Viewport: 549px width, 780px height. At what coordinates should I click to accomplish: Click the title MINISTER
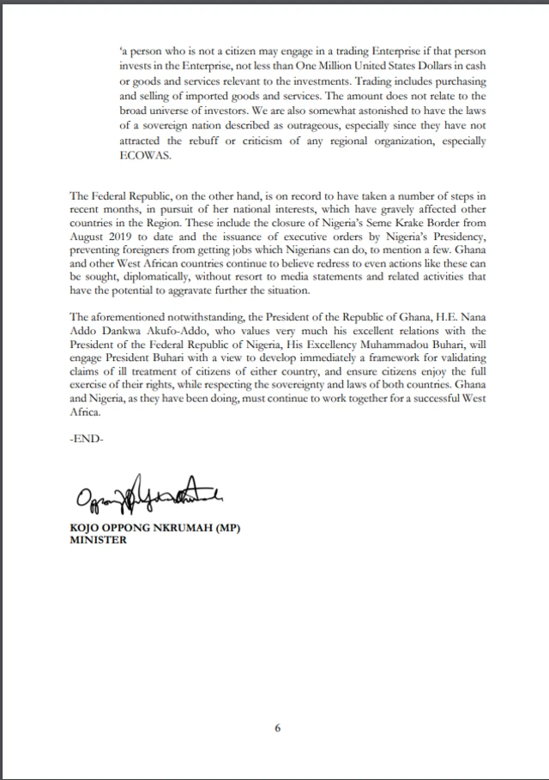click(x=98, y=541)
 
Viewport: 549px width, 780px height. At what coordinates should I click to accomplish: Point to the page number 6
click(x=278, y=729)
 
